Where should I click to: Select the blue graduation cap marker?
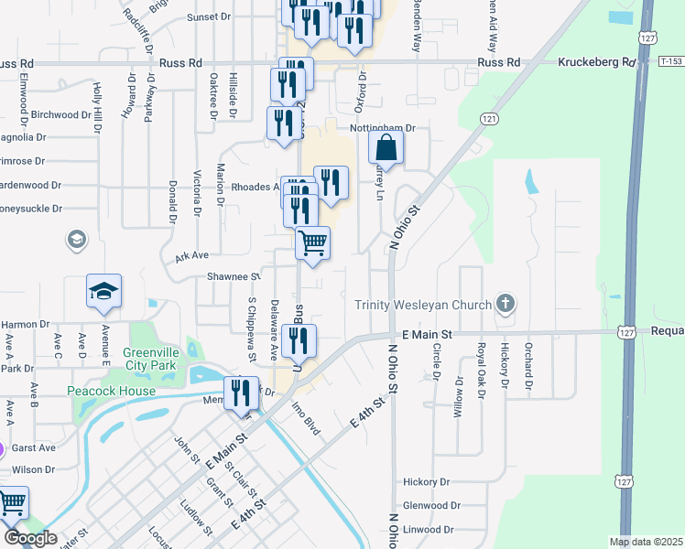click(103, 292)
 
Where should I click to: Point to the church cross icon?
click(504, 303)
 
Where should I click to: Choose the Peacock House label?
click(112, 391)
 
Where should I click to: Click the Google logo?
click(30, 538)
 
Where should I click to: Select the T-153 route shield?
click(670, 61)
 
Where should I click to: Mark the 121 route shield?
click(490, 120)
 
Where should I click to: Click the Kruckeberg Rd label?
click(596, 62)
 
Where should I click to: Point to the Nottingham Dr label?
click(384, 129)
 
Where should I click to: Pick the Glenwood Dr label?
click(430, 505)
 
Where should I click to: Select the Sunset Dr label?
click(209, 16)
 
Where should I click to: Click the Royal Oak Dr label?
click(481, 367)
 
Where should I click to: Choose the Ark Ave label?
click(192, 256)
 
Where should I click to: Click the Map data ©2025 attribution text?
click(646, 542)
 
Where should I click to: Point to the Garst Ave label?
click(35, 448)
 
